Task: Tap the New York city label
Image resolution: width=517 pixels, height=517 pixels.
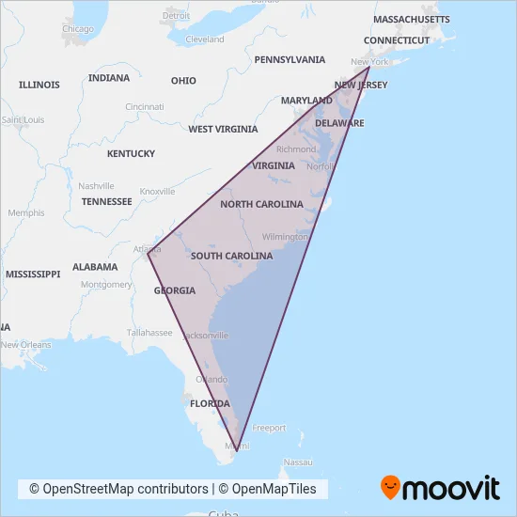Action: coord(368,62)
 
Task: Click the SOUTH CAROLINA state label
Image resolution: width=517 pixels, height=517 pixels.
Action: coord(231,256)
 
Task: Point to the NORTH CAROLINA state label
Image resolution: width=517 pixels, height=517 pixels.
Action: coord(261,204)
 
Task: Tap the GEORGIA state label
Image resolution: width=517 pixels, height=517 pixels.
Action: coord(175,290)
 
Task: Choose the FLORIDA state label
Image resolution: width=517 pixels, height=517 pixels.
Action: coord(211,403)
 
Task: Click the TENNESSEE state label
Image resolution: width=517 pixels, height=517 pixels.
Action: coord(106,201)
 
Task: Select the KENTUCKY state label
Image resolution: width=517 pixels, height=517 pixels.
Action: coord(131,153)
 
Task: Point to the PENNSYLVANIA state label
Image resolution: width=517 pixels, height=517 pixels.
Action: coord(290,59)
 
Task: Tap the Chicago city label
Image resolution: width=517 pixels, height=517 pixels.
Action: coord(77,29)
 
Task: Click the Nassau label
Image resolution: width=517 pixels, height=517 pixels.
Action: coord(298,462)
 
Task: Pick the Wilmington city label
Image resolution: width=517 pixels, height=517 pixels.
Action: coord(285,237)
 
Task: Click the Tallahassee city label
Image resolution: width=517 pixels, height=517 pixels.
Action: coord(149,333)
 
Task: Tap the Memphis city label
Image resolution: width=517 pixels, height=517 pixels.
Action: coord(25,213)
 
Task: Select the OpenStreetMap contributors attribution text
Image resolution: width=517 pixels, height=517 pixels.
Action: coord(119,489)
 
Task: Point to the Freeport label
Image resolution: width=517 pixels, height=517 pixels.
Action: coord(269,428)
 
